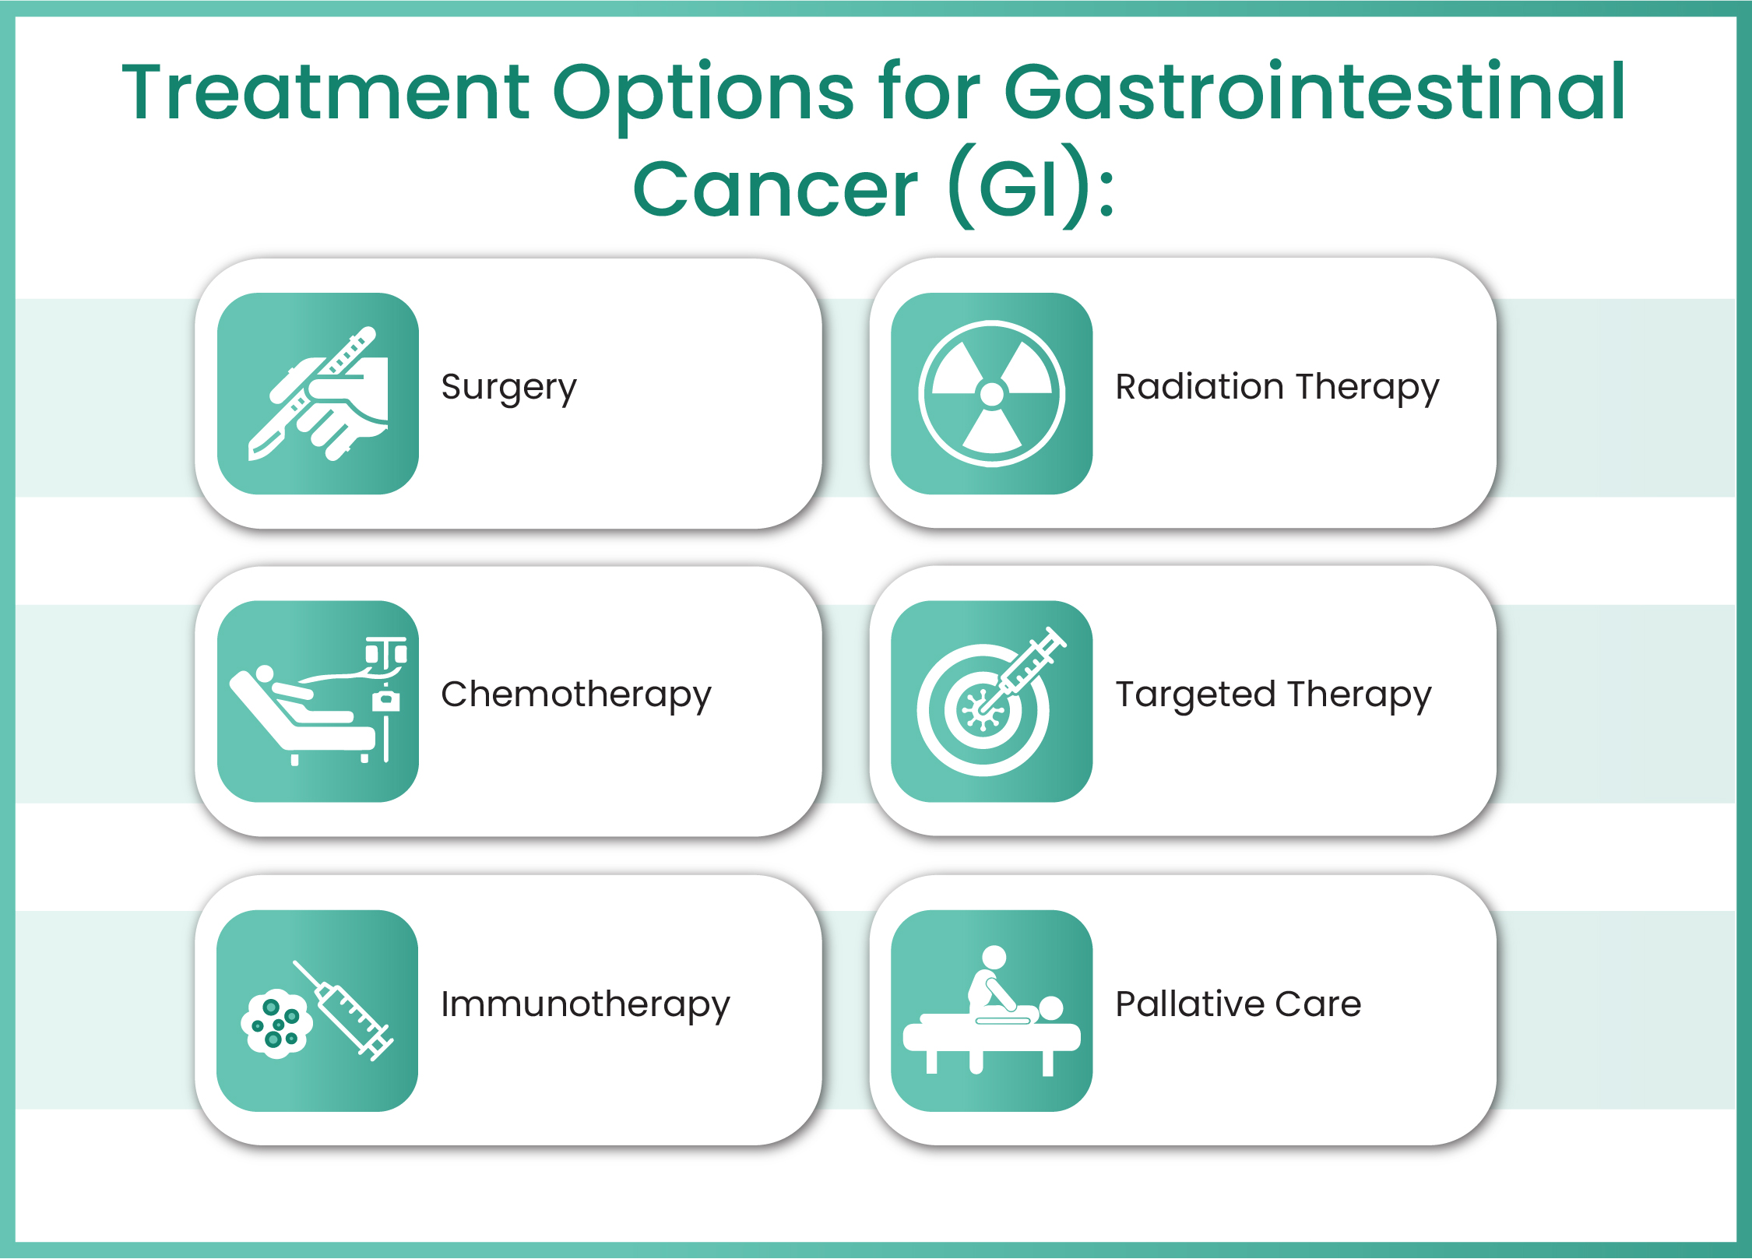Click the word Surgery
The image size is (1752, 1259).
pyautogui.click(x=508, y=387)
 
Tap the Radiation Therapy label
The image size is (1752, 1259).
pyautogui.click(x=1277, y=387)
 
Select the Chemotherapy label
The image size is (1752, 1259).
pyautogui.click(x=575, y=695)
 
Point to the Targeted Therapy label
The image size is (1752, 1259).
pyautogui.click(x=1273, y=695)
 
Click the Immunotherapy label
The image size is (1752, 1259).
pyautogui.click(x=585, y=1004)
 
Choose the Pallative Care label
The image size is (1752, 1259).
pyautogui.click(x=1238, y=1004)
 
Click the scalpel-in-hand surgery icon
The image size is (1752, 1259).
pyautogui.click(x=318, y=393)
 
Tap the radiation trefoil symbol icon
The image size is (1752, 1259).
pyautogui.click(x=991, y=393)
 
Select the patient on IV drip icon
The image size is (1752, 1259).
pyautogui.click(x=318, y=701)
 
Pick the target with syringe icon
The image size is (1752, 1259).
pyautogui.click(x=991, y=701)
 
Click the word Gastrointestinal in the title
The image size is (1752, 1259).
pyautogui.click(x=1314, y=93)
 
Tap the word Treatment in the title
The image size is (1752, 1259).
pyautogui.click(x=325, y=93)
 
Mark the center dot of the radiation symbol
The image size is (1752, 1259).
pyautogui.click(x=991, y=394)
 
